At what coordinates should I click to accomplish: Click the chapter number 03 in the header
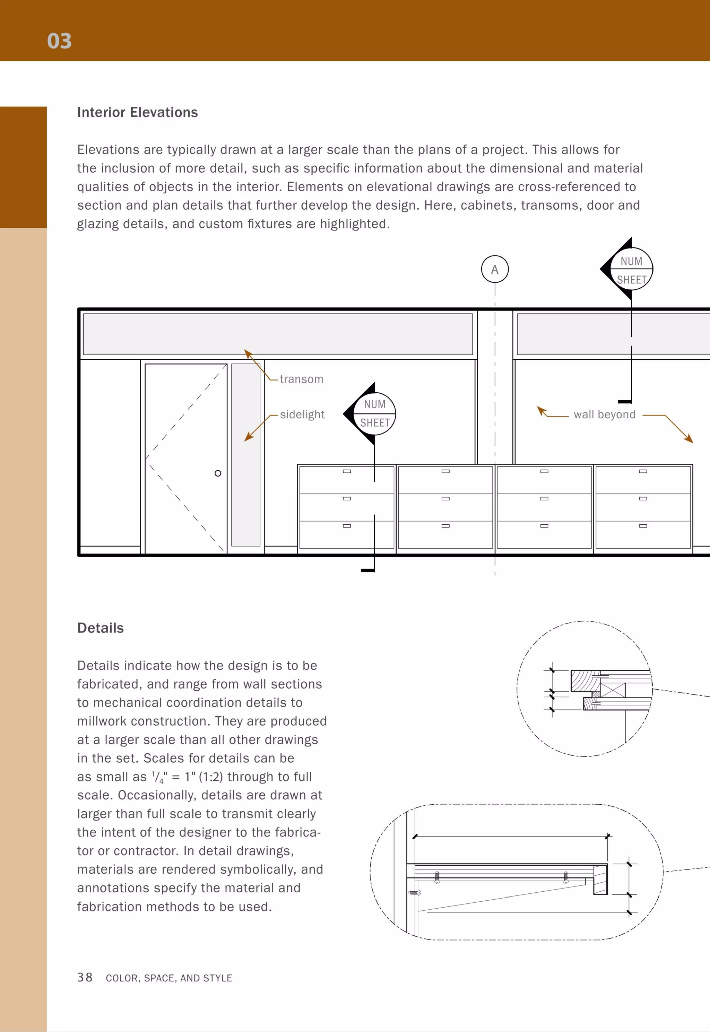59,41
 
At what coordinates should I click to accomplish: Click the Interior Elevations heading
138,113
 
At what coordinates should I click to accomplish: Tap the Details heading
101,628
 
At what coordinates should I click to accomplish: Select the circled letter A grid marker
495,270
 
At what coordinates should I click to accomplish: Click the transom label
301,379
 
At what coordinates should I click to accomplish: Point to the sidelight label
302,414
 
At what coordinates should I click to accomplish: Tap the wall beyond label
604,414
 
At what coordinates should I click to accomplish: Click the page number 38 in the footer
85,977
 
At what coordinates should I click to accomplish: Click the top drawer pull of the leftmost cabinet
347,471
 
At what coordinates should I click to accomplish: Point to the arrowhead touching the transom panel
248,353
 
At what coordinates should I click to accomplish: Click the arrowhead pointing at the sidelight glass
248,438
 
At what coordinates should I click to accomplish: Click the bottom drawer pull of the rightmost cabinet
643,526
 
